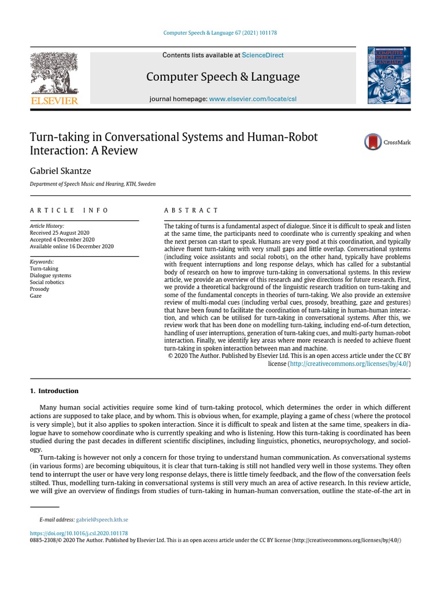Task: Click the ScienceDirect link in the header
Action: (262, 55)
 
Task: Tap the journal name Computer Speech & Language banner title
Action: (223, 76)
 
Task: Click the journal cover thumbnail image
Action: (389, 76)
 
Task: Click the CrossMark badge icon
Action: (387, 142)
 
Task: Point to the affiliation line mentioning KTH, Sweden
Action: (92, 184)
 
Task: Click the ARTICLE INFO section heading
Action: (69, 210)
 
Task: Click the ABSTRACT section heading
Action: (191, 210)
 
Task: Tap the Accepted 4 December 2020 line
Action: (62, 239)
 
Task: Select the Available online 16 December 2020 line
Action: (72, 246)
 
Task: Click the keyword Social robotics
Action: (47, 282)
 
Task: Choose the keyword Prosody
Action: (39, 289)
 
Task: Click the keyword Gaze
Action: (35, 296)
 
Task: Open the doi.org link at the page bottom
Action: (79, 533)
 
